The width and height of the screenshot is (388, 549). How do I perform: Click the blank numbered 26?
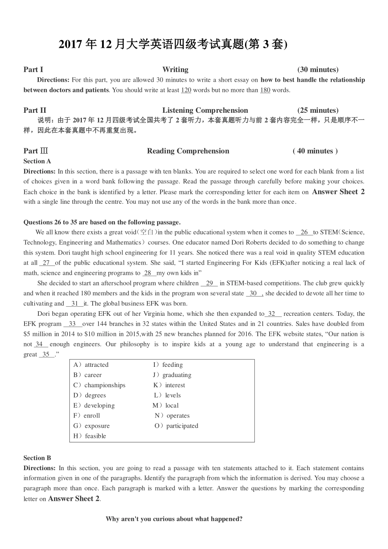coord(304,232)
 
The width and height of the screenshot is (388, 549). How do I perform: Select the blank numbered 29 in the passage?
coord(209,283)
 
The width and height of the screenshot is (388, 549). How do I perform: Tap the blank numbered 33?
coord(73,324)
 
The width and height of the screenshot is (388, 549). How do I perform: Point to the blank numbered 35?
coord(47,355)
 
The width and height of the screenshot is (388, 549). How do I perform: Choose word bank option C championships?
coord(99,385)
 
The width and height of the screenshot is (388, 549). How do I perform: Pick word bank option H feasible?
coord(89,436)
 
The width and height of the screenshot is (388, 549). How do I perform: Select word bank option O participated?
coord(176,426)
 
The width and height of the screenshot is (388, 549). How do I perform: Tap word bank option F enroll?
coord(87,416)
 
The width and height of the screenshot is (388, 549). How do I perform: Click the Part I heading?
coord(33,69)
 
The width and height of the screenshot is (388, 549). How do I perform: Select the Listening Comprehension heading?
coord(205,110)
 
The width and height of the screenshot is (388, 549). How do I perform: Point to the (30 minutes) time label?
coord(318,69)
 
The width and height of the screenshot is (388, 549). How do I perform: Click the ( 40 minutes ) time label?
coord(315,151)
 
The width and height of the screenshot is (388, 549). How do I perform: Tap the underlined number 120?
coord(186,90)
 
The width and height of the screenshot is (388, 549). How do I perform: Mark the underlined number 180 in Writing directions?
coord(265,90)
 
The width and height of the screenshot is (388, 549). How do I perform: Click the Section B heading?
coord(37,458)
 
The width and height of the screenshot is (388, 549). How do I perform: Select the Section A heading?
coord(37,161)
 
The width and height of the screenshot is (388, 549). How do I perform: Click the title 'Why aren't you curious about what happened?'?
coord(174,519)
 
